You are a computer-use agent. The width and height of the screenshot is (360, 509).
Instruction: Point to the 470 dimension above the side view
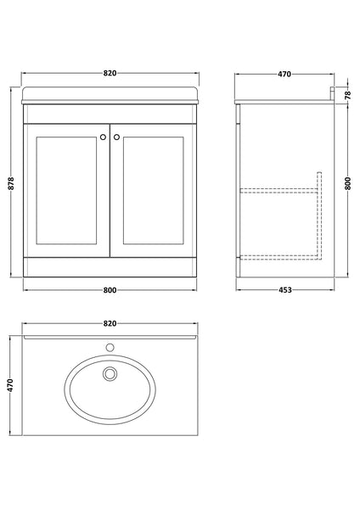284,74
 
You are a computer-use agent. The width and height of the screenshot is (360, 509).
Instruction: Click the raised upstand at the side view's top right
329,94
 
